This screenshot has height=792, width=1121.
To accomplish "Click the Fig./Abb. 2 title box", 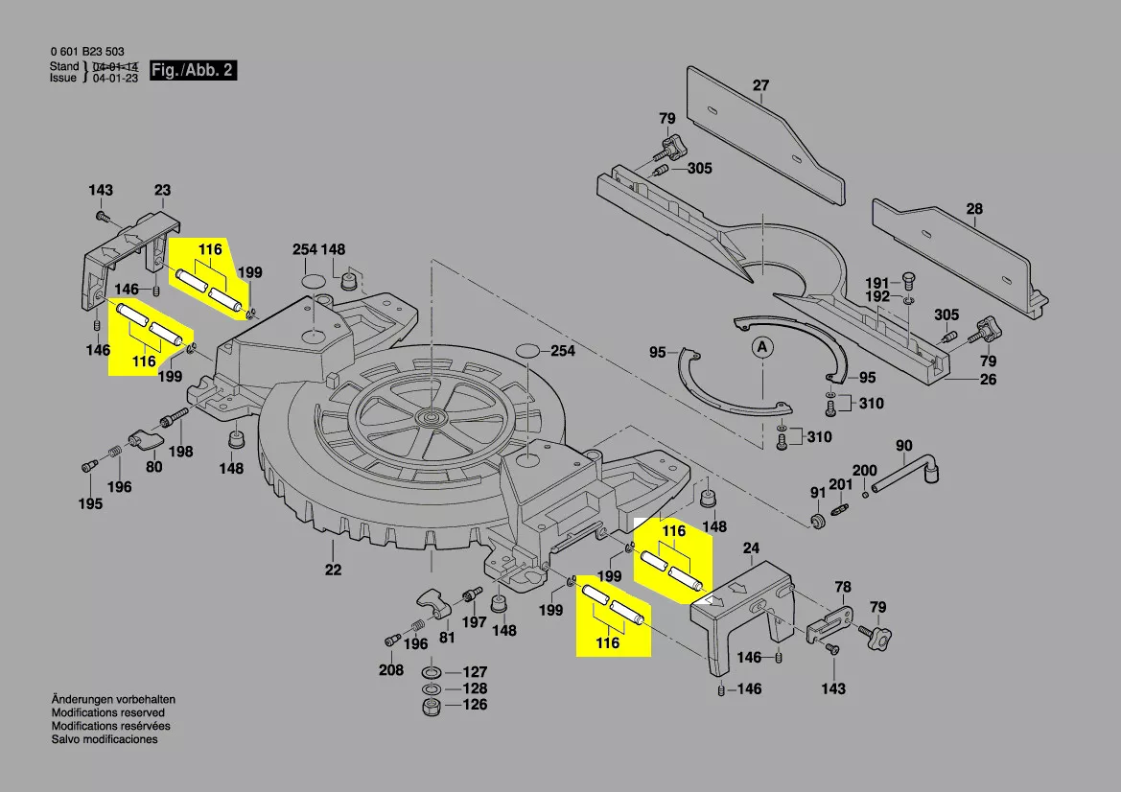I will click(192, 71).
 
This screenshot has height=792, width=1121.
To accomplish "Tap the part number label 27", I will click(760, 85).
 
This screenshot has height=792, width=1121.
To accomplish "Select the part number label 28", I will click(974, 209).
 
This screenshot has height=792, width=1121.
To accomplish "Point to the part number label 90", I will click(903, 445).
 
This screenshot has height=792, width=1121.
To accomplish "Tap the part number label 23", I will click(162, 190).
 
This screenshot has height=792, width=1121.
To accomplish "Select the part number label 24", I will click(752, 548).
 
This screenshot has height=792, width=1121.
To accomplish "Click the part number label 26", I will click(988, 380).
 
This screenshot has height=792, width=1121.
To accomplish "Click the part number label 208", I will click(390, 670).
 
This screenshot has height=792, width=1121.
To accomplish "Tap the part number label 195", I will click(90, 504).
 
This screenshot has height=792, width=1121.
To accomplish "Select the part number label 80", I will click(153, 468).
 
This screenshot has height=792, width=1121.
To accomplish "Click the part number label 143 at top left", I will click(101, 190).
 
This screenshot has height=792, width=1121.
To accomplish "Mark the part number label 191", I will click(878, 283).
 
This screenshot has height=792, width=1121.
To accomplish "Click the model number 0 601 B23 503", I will click(86, 52).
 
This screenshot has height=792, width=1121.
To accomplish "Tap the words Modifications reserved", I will click(107, 713).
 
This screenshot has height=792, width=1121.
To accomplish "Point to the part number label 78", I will click(842, 587).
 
